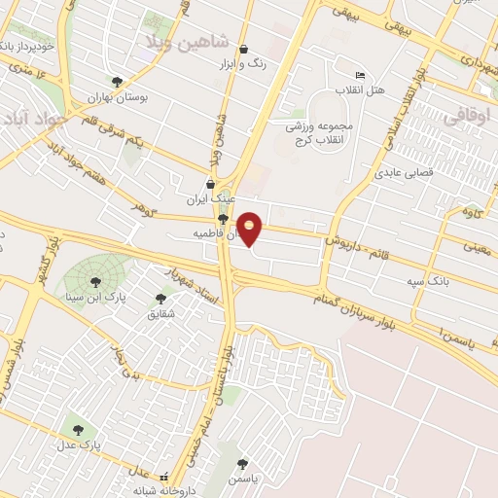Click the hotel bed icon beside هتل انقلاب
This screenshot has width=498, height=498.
tap(360, 76)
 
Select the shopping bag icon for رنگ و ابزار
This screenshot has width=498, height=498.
tap(243, 49)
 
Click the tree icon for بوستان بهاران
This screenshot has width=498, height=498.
tap(117, 83)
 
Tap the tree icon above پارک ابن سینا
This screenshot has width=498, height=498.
tap(94, 282)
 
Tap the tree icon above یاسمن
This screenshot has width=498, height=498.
tap(242, 464)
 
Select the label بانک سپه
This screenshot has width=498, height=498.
tap(428, 280)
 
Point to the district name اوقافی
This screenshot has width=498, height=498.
tap(468, 115)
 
